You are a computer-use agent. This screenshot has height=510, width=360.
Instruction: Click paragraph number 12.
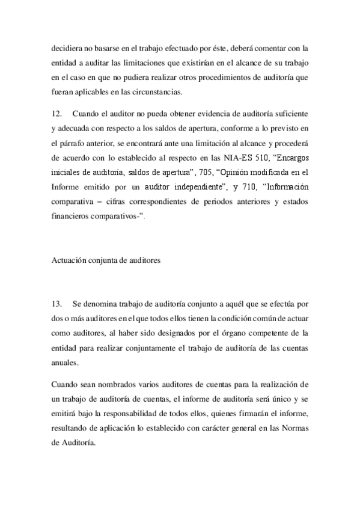[x=58, y=114]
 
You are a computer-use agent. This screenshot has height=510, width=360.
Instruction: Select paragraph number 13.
[x=58, y=303]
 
